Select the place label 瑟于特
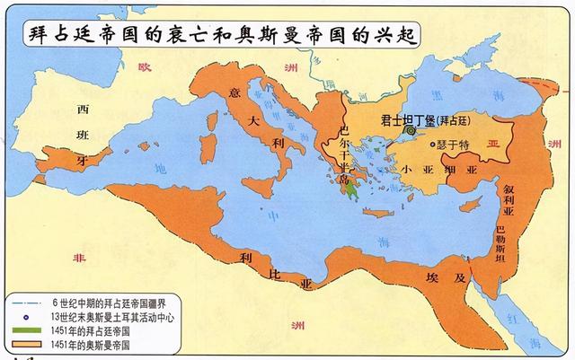(x=454, y=144)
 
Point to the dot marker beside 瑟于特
(x=434, y=144)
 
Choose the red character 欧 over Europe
(x=141, y=66)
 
